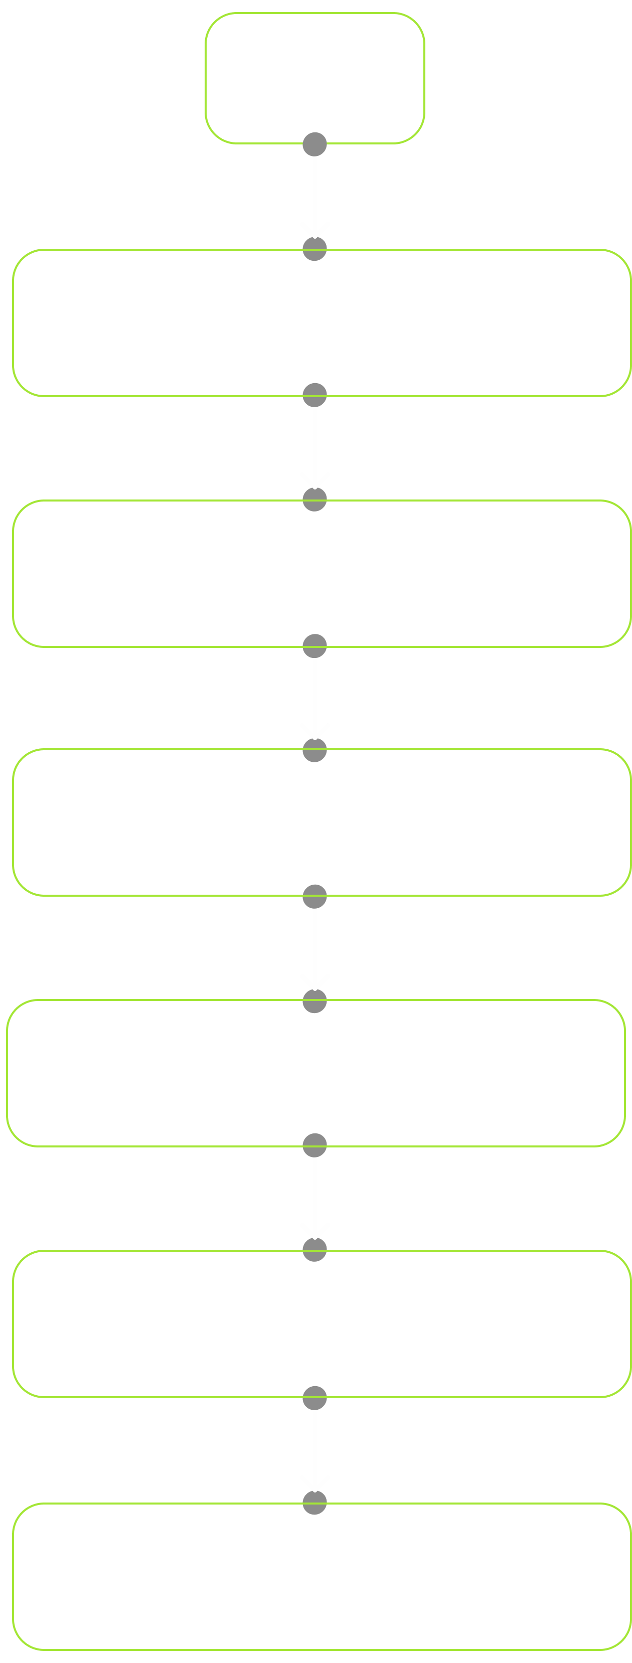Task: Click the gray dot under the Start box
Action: click(315, 144)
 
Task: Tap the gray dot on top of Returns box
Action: click(315, 1502)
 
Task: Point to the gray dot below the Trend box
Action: click(315, 395)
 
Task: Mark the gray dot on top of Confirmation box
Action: click(315, 750)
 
